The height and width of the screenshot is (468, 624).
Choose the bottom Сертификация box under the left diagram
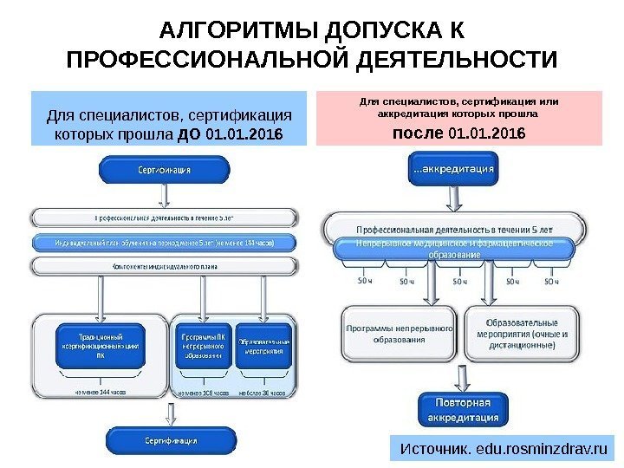[x=164, y=439]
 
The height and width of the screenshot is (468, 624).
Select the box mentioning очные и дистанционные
[x=521, y=333]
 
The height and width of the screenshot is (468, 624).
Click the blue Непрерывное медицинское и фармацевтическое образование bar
[x=454, y=249]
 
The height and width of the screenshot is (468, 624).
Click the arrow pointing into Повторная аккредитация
[x=456, y=379]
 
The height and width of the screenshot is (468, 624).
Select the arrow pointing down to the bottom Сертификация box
[x=165, y=413]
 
